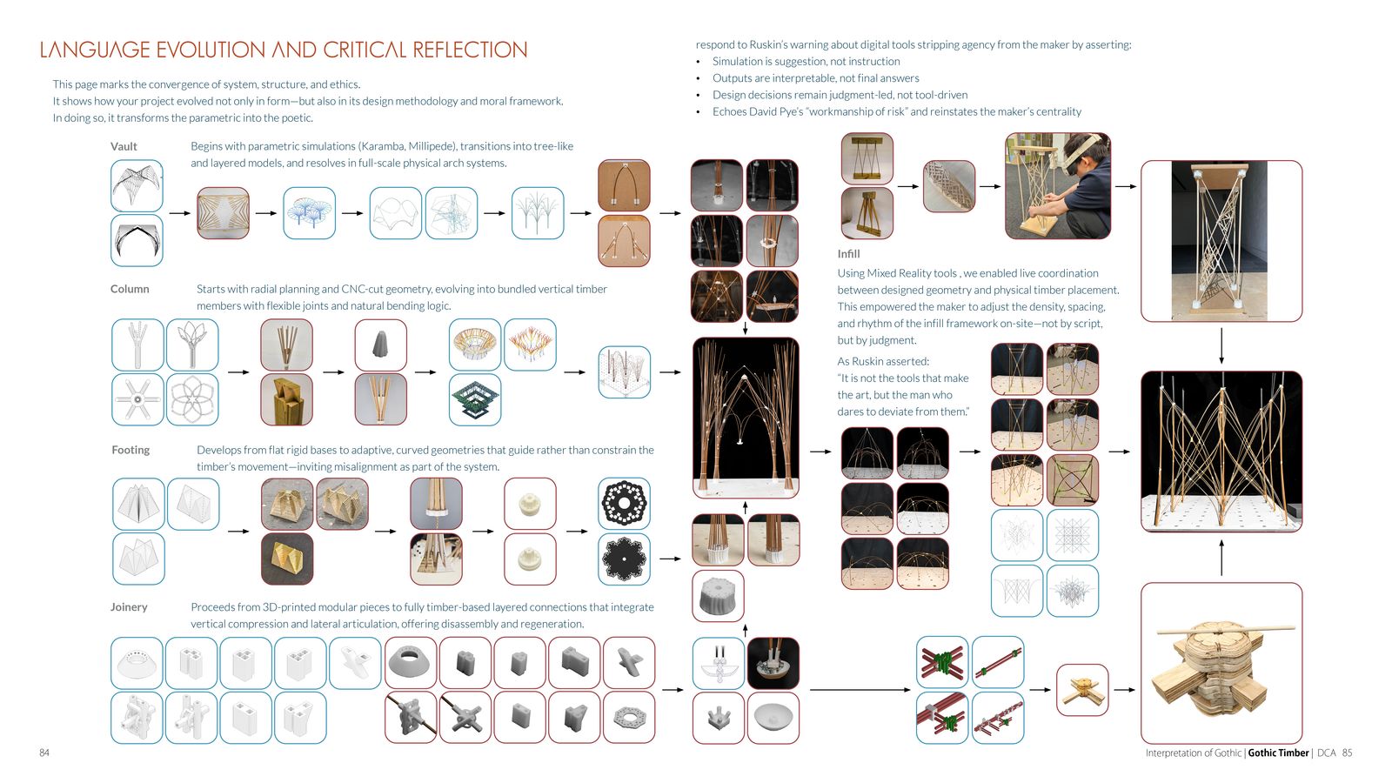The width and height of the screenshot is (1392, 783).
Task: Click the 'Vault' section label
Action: (x=124, y=147)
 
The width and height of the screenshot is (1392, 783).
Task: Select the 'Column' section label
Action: (x=130, y=289)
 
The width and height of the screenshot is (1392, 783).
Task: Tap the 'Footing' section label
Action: (x=130, y=450)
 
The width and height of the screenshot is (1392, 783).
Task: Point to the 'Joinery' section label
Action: (x=129, y=607)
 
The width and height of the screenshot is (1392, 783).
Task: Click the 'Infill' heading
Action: (x=848, y=253)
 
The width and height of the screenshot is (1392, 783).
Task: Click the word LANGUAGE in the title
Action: (x=95, y=50)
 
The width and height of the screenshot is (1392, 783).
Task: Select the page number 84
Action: (x=44, y=753)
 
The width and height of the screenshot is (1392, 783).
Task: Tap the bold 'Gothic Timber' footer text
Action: (x=1278, y=753)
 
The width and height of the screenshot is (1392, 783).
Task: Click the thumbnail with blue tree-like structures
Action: (x=309, y=213)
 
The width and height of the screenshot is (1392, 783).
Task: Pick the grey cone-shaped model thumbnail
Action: (x=381, y=345)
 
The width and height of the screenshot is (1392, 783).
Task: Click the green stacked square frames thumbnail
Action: (x=475, y=399)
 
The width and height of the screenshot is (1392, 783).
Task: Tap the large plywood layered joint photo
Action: (x=1221, y=663)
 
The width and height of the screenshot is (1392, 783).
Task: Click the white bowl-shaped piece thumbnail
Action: (x=773, y=718)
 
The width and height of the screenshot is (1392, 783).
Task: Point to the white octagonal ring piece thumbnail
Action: (x=629, y=718)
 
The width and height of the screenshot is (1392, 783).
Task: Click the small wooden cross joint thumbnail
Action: (x=1082, y=690)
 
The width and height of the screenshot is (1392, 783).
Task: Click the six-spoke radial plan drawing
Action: (x=138, y=399)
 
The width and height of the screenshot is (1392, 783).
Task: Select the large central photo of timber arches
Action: (x=746, y=418)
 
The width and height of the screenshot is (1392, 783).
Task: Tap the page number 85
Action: (x=1348, y=753)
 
